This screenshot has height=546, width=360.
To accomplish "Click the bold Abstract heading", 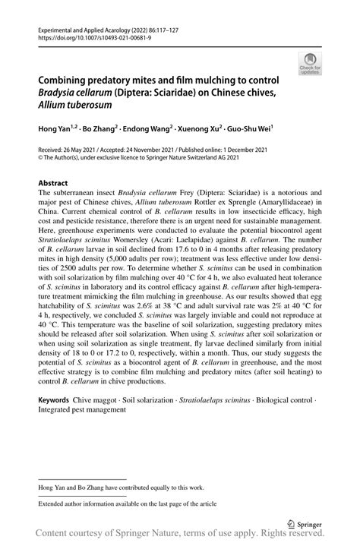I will [x=53, y=183].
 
